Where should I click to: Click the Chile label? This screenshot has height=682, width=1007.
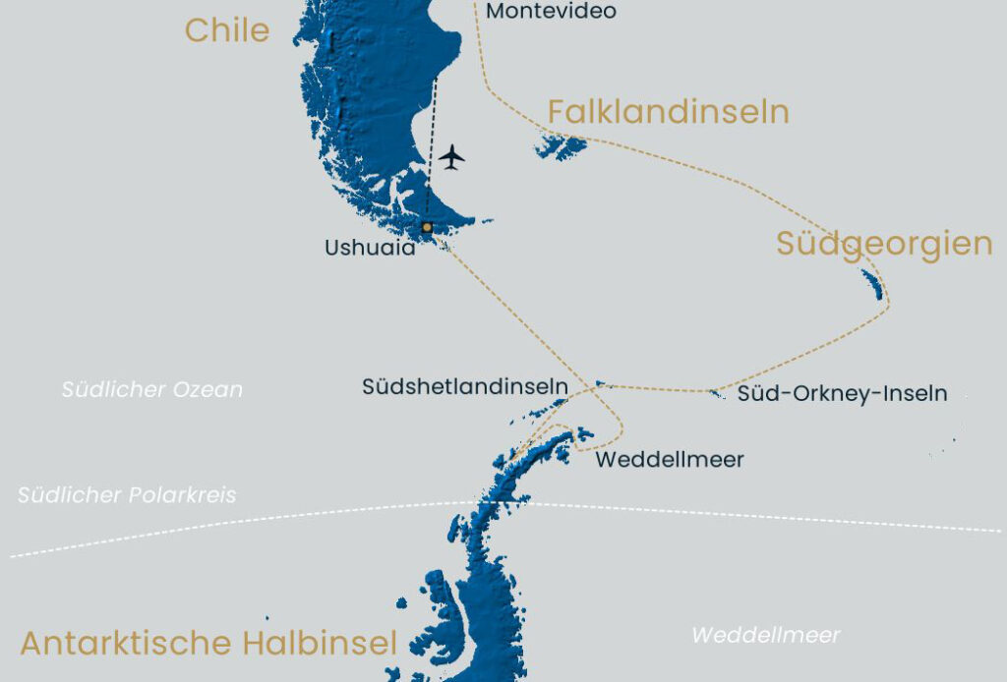(226, 29)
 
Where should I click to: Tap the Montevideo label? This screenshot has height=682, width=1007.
(551, 11)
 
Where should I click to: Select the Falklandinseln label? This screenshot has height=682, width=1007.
(668, 112)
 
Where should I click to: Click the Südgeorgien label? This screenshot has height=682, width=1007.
(883, 243)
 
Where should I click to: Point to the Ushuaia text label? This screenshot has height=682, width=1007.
(370, 249)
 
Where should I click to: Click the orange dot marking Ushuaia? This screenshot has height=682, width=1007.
(427, 227)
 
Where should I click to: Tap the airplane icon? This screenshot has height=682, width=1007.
(451, 157)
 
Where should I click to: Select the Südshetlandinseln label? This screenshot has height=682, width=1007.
(464, 387)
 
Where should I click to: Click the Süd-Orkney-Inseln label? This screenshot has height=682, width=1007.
(842, 394)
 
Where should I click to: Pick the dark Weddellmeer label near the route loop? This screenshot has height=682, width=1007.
(670, 459)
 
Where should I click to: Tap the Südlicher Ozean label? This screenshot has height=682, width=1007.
(151, 390)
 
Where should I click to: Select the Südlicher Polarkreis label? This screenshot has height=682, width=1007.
(127, 495)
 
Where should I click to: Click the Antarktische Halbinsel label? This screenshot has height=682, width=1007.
(208, 644)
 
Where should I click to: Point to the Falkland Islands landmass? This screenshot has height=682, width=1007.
(562, 147)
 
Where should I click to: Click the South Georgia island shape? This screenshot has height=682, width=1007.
(871, 284)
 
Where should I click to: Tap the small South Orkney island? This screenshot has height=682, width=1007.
(716, 394)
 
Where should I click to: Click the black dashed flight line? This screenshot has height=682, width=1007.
(432, 147)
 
